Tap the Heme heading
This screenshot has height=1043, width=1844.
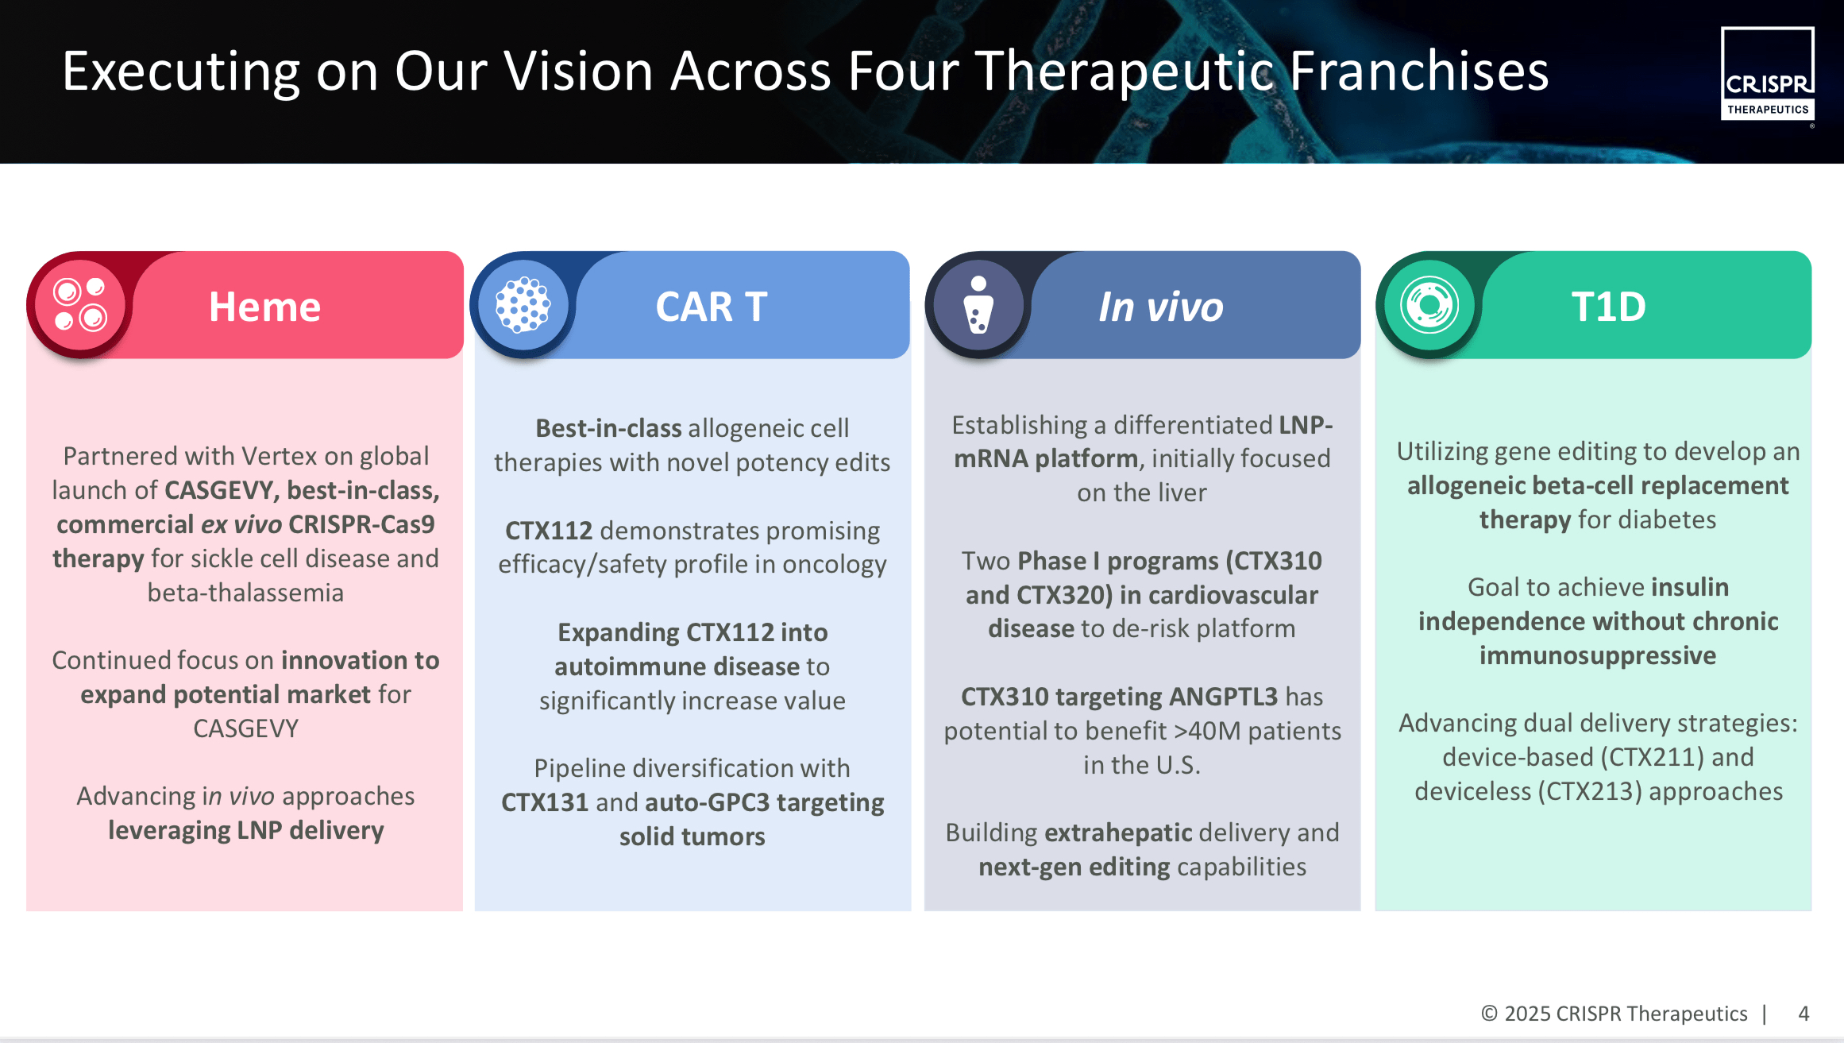[x=264, y=307]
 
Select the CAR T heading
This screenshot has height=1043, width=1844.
[x=712, y=307]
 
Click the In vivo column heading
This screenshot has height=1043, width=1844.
[x=1160, y=307]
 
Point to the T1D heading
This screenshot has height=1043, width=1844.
[x=1608, y=307]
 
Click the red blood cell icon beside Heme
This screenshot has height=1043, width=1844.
[x=80, y=305]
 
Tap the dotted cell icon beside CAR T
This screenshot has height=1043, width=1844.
[x=523, y=305]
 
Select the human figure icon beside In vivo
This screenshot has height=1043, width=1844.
[x=978, y=305]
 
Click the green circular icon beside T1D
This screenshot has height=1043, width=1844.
[x=1429, y=305]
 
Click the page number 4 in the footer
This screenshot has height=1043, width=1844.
[x=1803, y=1014]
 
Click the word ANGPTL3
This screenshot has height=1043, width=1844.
[x=1223, y=697]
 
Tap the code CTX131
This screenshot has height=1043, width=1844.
[x=545, y=802]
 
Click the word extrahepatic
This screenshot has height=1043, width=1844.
[x=1118, y=832]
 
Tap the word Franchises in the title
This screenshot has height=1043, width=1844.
[x=1419, y=71]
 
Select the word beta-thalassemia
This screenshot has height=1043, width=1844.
[x=245, y=593]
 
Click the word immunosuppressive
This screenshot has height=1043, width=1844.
[x=1598, y=655]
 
